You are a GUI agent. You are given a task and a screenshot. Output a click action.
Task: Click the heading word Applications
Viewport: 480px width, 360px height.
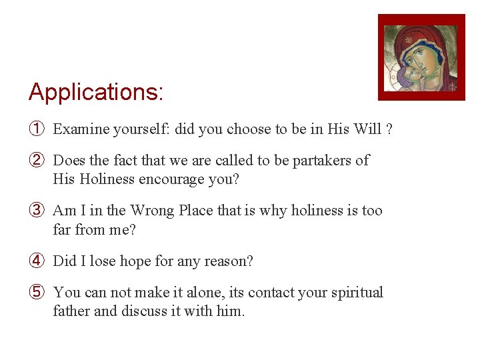95,92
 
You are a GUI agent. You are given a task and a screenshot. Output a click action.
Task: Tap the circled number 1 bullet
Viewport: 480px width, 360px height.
37,129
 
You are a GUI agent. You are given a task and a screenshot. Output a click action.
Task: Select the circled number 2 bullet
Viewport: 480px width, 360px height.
37,161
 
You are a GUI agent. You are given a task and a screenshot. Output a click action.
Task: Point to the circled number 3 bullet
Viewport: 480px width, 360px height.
37,211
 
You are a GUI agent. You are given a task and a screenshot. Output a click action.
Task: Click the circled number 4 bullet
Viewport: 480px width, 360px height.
37,261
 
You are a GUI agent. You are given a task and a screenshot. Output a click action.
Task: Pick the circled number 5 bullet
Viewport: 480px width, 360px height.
37,293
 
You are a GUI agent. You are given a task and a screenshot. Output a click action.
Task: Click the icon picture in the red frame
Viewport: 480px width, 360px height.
421,57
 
